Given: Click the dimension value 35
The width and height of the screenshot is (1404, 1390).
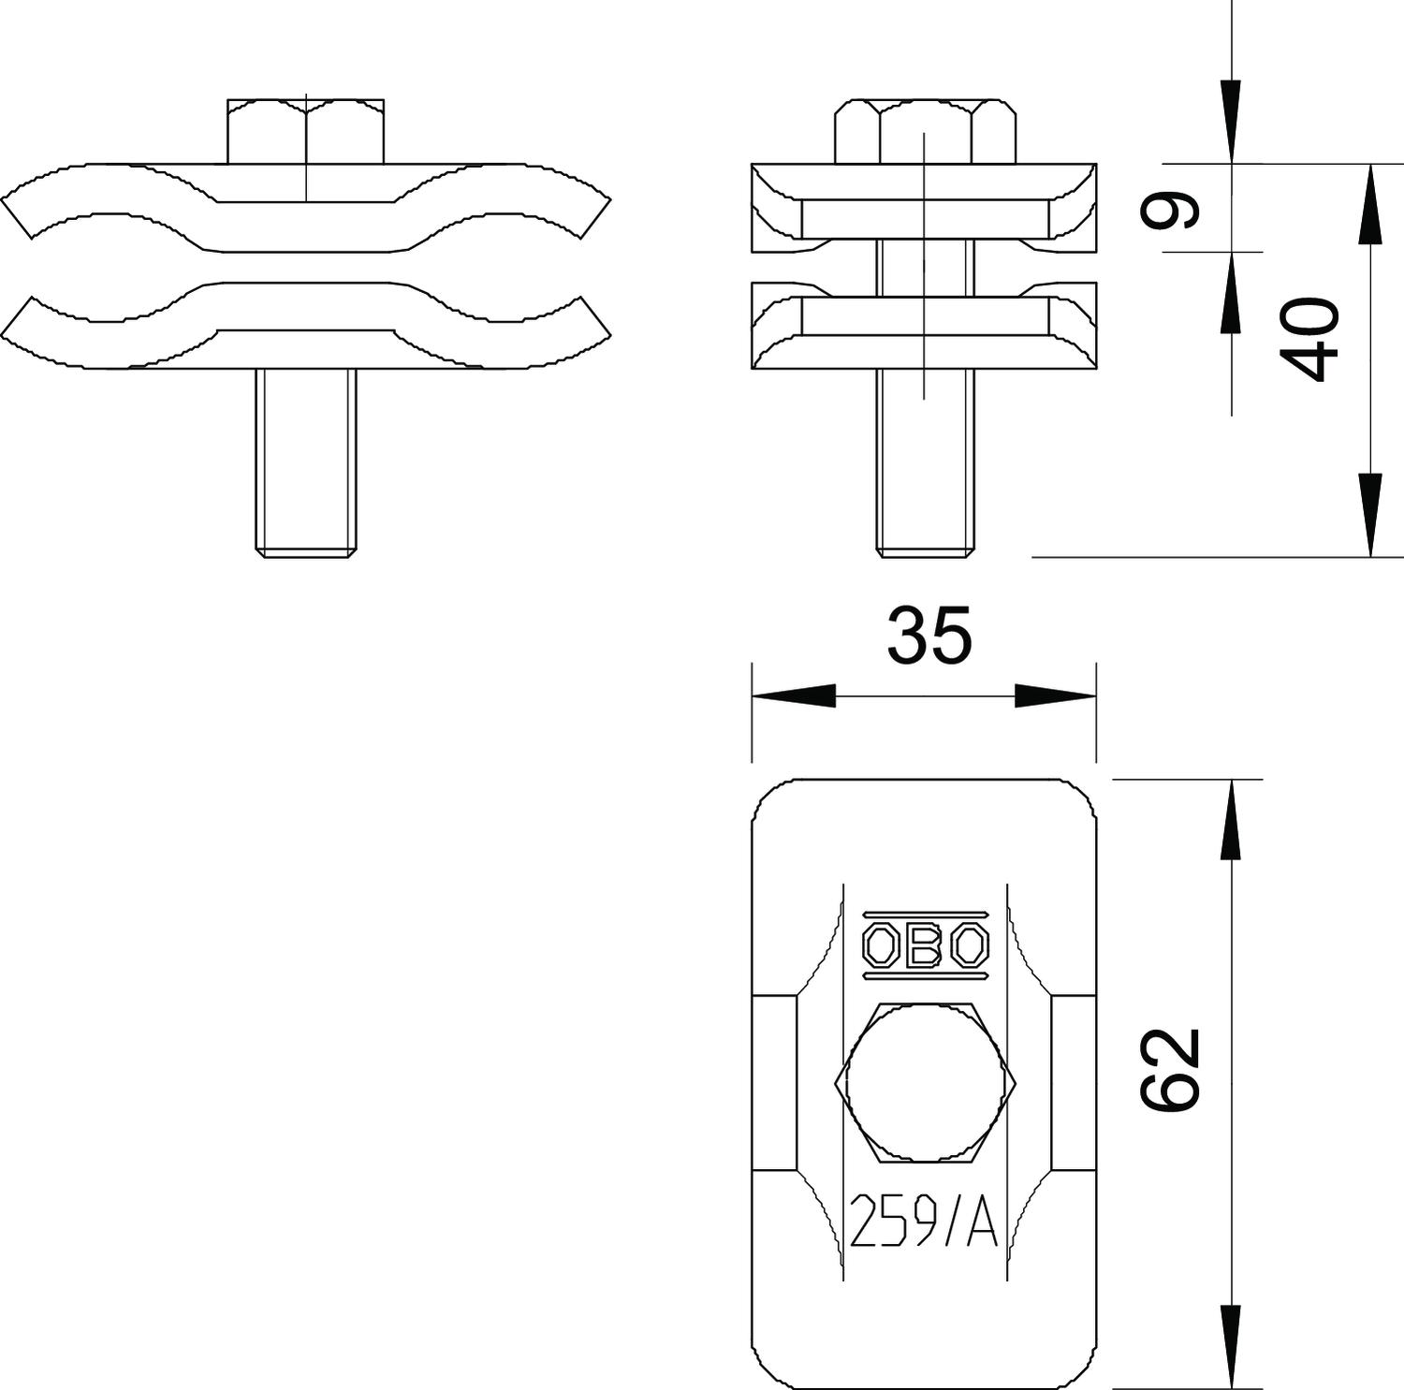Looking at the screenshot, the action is pyautogui.click(x=929, y=636).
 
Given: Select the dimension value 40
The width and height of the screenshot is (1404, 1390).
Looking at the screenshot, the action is pyautogui.click(x=1309, y=339).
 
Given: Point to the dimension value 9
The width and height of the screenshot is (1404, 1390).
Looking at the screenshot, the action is pyautogui.click(x=1169, y=210).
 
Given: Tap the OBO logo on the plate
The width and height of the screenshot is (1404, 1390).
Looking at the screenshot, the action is pyautogui.click(x=925, y=945).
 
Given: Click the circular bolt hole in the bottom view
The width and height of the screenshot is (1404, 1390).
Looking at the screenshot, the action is pyautogui.click(x=925, y=1082).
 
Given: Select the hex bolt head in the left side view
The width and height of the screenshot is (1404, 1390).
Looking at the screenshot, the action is pyautogui.click(x=305, y=131).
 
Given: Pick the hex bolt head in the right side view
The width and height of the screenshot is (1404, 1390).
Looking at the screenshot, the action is pyautogui.click(x=925, y=131).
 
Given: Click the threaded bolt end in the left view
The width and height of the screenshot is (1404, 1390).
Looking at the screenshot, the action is pyautogui.click(x=306, y=463).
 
